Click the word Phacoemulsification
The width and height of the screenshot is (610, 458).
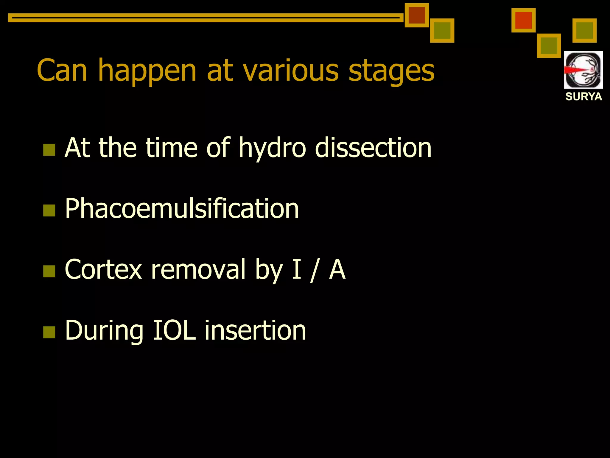(182, 209)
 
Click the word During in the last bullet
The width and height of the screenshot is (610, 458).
(104, 331)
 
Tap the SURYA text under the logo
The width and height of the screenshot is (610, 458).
(583, 97)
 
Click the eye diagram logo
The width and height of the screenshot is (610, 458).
(583, 70)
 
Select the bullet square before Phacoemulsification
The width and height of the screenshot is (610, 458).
(49, 210)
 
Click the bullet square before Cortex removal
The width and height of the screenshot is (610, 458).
(49, 271)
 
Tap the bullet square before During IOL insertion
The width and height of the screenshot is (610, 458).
(49, 332)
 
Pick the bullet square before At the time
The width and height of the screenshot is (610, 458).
(49, 150)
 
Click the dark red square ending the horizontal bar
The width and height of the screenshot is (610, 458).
(416, 15)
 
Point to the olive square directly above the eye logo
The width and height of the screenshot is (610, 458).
(584, 30)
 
